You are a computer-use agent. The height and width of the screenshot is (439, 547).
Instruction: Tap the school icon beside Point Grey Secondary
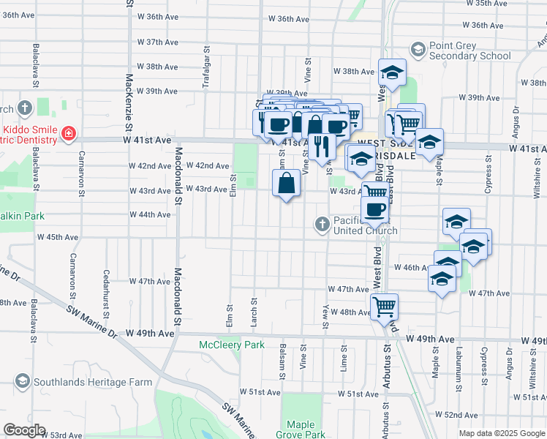pos(418,50)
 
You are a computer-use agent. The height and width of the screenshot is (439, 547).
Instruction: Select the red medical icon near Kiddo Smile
pos(69,133)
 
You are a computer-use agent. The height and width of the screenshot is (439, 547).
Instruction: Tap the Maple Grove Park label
pos(306,429)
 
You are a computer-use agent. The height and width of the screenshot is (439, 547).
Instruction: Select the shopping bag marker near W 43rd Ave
pos(287,183)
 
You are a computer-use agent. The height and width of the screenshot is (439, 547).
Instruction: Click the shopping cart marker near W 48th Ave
pos(383,306)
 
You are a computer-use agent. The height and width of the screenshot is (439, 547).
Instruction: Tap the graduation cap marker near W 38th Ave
pos(392,72)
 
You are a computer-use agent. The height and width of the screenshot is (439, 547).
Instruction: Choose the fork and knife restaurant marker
pos(322,146)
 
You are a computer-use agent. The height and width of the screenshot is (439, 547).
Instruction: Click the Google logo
pos(24,430)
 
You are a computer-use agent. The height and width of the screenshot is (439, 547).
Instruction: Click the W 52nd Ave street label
pos(461,414)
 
